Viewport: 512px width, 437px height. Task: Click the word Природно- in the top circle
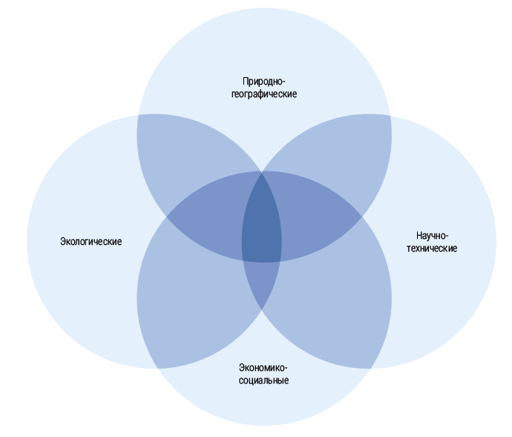263,81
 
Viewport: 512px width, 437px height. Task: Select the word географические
263,94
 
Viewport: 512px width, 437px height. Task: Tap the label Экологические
91,242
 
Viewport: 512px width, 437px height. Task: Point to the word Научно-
432,235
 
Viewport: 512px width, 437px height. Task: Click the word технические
432,249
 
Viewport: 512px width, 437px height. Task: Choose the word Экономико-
263,367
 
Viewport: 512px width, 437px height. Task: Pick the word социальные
263,381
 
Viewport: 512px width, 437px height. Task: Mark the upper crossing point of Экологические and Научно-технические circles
262,172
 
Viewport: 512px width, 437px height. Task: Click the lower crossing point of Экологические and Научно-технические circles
262,309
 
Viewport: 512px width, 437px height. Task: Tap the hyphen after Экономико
286,368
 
